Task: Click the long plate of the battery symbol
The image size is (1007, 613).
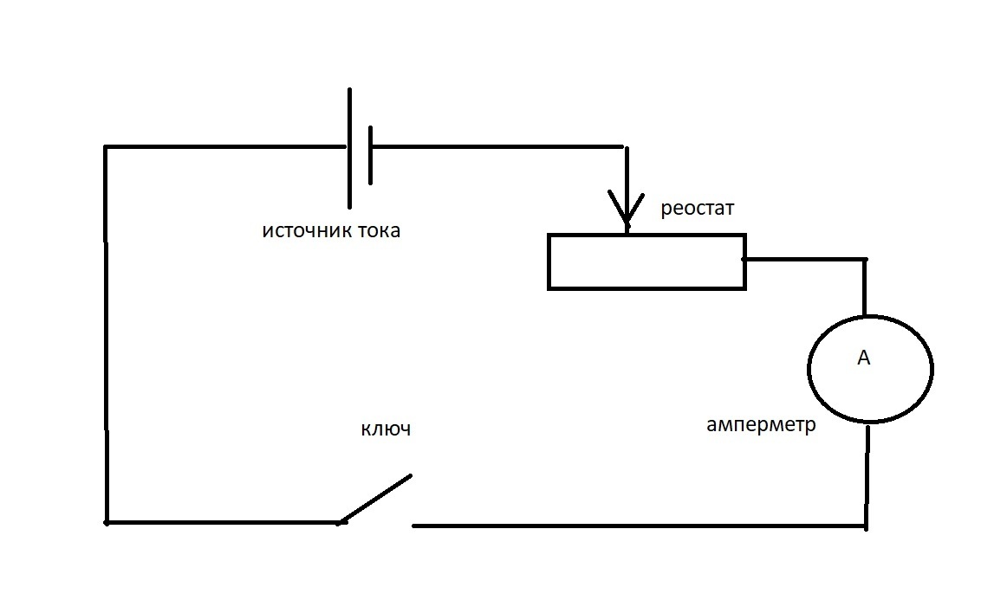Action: click(349, 148)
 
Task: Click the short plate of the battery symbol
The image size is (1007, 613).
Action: click(371, 155)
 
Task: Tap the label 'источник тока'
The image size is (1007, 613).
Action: click(331, 230)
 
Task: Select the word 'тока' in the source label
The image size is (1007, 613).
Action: click(379, 230)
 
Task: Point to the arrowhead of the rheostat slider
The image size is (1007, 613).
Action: click(627, 223)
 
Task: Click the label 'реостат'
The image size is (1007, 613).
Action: click(697, 209)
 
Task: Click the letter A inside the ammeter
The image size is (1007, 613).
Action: click(864, 358)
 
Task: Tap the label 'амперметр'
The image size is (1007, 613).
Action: click(761, 424)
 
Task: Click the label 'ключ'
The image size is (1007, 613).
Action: click(386, 428)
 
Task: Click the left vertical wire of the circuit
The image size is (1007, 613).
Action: click(106, 334)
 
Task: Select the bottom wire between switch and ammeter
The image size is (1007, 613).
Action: click(639, 526)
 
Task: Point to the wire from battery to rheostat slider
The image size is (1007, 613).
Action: click(497, 147)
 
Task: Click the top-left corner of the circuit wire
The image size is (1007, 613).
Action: click(106, 148)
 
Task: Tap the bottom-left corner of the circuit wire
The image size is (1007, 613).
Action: click(107, 522)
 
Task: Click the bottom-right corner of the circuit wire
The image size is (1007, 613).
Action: click(866, 526)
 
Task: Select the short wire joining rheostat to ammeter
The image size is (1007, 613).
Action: click(805, 260)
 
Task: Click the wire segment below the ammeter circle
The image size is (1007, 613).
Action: click(867, 476)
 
